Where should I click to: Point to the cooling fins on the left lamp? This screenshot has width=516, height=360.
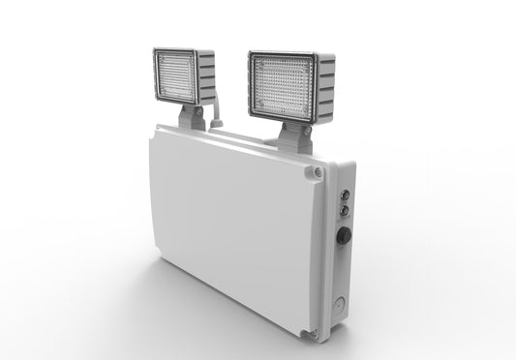204,78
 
